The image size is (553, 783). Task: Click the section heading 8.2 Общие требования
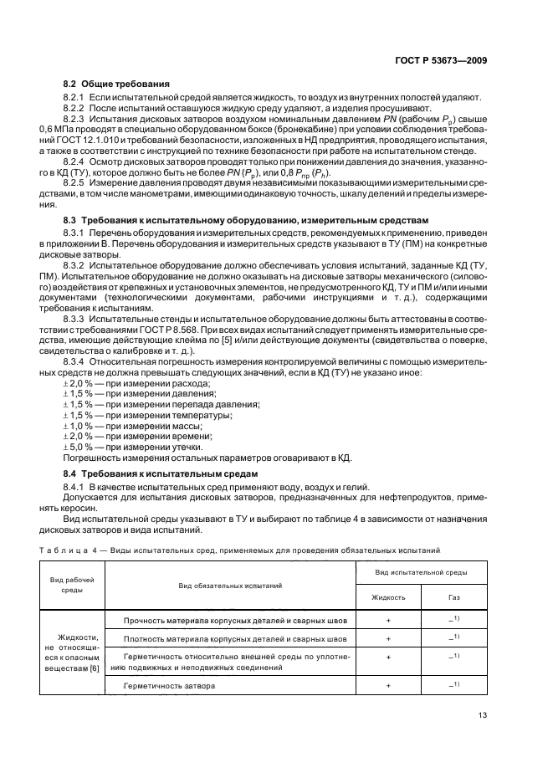coord(116,84)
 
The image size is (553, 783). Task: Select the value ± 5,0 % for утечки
coord(78,448)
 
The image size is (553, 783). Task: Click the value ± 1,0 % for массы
coord(78,426)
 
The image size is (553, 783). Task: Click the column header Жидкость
coord(388,597)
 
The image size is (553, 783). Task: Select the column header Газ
coord(453,597)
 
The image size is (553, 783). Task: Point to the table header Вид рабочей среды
coord(71,584)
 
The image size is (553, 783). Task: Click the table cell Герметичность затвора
coord(169,685)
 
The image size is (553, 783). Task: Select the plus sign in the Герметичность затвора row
coord(388,685)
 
